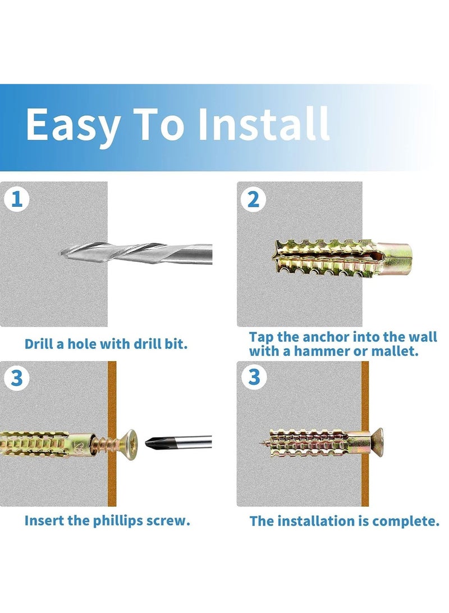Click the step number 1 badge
coord(17,199)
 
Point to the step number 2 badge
coord(254,199)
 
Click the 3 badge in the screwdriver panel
coord(17,378)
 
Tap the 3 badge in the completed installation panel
coord(254,378)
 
